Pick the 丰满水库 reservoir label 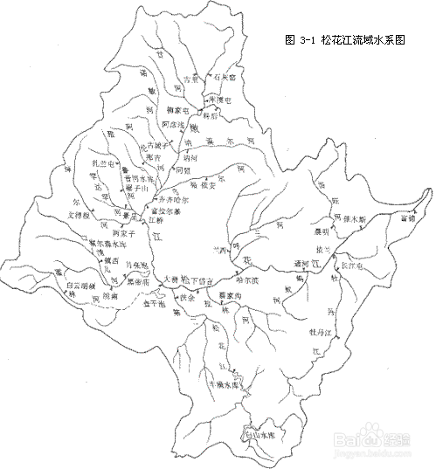(x=223, y=383)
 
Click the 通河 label (x=301, y=261)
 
